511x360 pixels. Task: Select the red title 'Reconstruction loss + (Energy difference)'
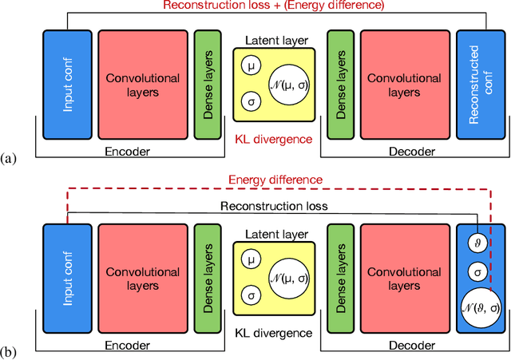click(272, 6)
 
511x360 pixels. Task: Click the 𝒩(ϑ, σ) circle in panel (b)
click(477, 306)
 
